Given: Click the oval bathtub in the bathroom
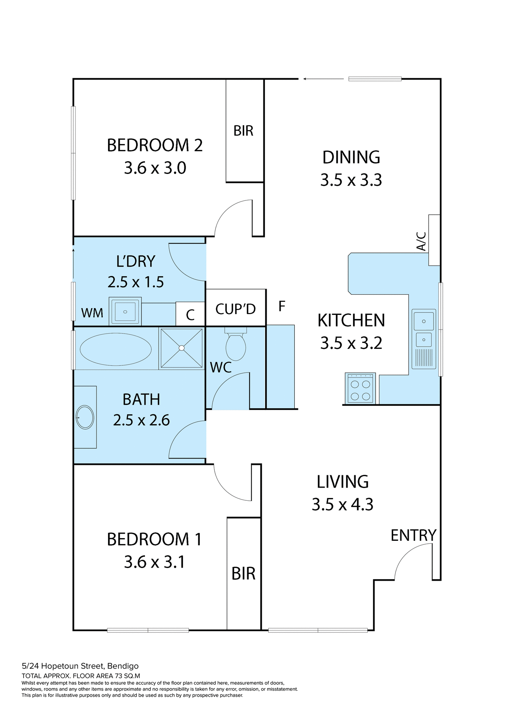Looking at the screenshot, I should pos(116,349).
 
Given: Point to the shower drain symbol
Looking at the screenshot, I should pos(182,348).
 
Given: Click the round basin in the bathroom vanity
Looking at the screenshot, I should pos(85,417).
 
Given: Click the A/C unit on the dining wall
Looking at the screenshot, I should pos(434,240).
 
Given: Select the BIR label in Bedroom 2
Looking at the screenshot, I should pos(244,131).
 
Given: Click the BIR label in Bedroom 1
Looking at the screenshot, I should pos(244,574).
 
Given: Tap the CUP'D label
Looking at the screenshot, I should pos(236,309).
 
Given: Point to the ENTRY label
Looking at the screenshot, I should pos(413,536).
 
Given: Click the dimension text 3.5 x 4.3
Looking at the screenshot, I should pos(343,504).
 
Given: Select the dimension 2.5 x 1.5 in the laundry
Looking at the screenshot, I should pos(136,282).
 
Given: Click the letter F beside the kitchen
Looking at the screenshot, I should pos(282,306).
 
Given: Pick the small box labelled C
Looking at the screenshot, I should pos(190,314).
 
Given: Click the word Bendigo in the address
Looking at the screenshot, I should pos(123,666).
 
